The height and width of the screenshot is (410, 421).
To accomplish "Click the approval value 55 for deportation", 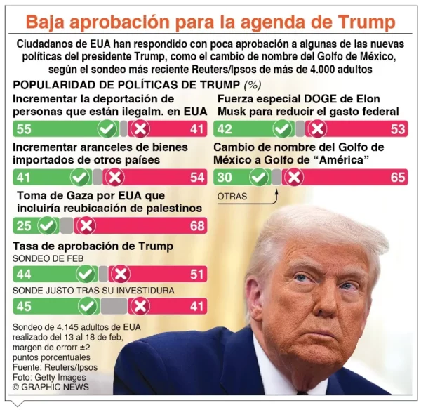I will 24,128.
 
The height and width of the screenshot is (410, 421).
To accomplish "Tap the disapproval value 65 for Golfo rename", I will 399,177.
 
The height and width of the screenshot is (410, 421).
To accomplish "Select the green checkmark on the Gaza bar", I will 48,225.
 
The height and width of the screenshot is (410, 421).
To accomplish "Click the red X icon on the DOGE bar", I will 317,128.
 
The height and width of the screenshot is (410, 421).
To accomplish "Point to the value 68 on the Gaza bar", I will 197,225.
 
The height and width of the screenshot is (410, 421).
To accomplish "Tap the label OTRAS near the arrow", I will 232,197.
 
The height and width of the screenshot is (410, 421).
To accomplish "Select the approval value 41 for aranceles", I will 24,177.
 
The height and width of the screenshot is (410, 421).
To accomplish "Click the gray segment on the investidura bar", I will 114,306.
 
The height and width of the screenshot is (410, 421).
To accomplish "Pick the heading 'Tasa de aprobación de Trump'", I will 93,246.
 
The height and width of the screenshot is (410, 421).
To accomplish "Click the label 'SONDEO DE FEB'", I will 48,259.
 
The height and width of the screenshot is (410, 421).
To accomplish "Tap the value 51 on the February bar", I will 197,274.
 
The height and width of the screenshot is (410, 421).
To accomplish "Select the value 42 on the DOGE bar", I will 225,128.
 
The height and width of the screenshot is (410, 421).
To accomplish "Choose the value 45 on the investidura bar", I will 24,306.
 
